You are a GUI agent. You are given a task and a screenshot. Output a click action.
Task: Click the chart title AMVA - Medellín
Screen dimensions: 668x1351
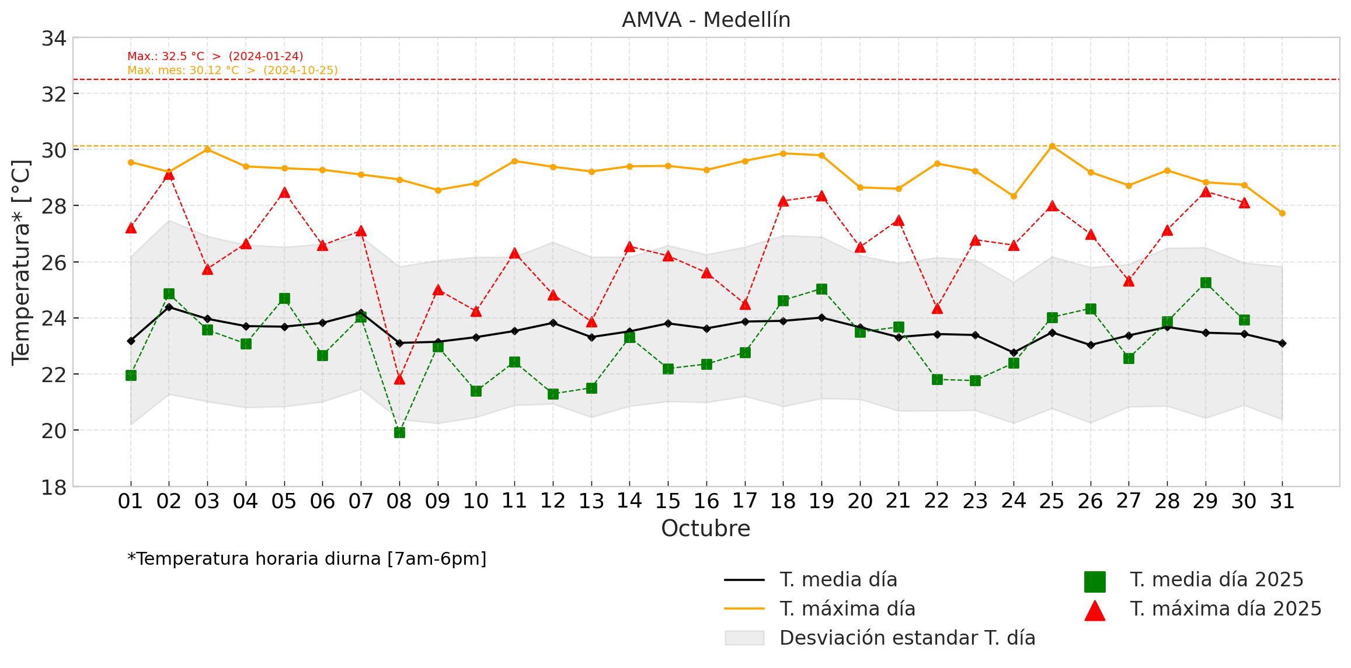(706, 20)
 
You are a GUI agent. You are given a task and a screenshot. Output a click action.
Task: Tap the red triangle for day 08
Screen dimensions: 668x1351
(399, 379)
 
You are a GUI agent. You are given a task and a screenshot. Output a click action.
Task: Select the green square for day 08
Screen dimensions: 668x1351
(399, 432)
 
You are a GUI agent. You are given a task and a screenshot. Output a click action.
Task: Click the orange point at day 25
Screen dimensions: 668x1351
(1052, 146)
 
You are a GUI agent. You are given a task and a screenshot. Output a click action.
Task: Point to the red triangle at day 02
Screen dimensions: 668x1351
(169, 174)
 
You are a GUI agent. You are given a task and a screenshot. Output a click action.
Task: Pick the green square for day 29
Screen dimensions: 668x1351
(1206, 283)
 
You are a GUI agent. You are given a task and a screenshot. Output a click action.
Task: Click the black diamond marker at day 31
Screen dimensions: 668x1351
(1282, 344)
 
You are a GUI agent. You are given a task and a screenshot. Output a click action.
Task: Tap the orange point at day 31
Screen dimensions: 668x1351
(1282, 214)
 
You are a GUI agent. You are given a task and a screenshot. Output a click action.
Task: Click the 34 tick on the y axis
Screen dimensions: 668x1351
(54, 39)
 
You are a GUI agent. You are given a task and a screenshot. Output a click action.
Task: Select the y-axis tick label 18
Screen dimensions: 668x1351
(54, 487)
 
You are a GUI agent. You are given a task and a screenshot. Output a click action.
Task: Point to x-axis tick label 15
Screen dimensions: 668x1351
(668, 501)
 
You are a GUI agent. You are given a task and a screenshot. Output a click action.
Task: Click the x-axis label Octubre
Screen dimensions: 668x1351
(705, 529)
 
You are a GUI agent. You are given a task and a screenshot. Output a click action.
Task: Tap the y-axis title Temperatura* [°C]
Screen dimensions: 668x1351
(22, 263)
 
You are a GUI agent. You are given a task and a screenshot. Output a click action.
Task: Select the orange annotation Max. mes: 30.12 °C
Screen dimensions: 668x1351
(232, 71)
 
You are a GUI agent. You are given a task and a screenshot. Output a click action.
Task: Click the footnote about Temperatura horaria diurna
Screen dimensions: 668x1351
(307, 559)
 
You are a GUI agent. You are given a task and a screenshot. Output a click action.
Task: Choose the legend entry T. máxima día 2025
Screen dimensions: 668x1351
(1225, 609)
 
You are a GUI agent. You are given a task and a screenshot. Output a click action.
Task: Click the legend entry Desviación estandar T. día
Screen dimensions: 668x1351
(907, 638)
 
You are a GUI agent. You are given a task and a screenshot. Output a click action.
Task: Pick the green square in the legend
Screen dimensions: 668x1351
(1095, 582)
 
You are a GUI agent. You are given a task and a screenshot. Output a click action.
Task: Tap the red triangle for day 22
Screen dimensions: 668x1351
(937, 308)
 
